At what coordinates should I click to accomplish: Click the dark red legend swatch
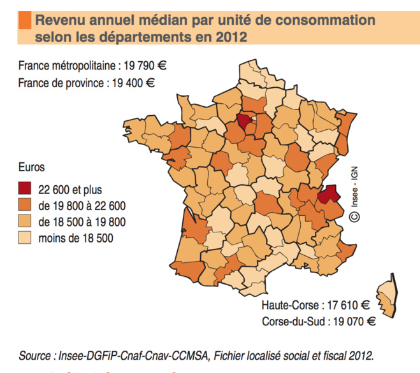(x=25, y=189)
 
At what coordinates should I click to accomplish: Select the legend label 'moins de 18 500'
(x=76, y=239)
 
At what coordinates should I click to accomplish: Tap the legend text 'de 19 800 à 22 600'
(x=82, y=206)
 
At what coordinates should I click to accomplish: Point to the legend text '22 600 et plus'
(x=70, y=189)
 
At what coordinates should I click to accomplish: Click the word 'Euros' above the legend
(x=32, y=168)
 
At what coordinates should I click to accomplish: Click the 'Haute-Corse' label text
(x=289, y=304)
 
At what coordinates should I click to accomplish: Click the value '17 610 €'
(x=348, y=304)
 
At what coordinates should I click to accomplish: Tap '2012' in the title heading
(x=230, y=38)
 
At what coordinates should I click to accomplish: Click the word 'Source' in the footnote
(x=35, y=355)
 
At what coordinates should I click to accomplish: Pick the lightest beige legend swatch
(x=25, y=239)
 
